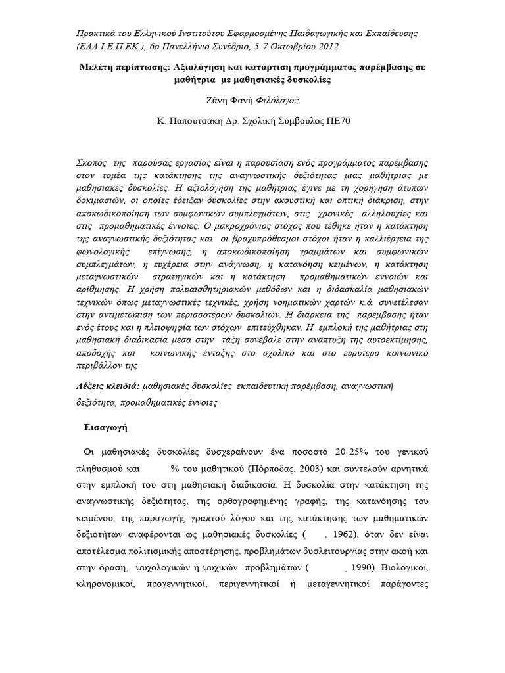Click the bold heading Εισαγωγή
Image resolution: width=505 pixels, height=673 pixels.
coord(105,427)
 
